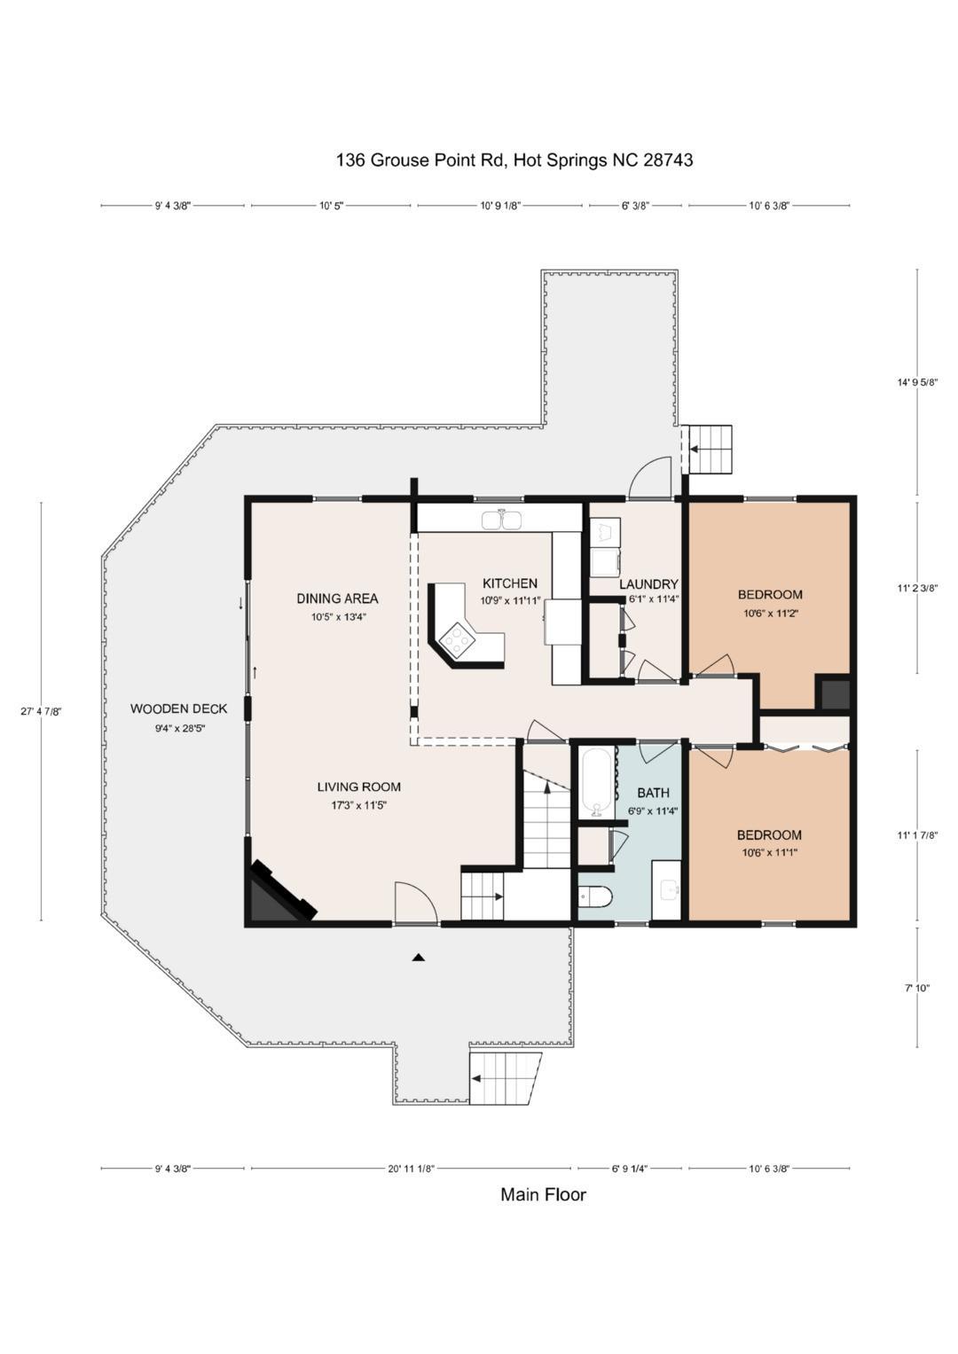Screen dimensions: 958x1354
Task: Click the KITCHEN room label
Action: [x=509, y=583]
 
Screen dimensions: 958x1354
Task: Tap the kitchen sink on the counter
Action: [x=501, y=520]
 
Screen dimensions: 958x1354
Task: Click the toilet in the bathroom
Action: [x=595, y=896]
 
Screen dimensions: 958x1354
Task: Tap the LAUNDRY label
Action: [x=648, y=584]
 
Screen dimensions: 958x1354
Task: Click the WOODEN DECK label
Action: [x=178, y=708]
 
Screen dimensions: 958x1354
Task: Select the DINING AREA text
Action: [x=337, y=599]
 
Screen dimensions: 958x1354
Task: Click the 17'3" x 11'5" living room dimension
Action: [x=358, y=805]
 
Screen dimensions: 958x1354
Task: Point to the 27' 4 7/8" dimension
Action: [x=41, y=711]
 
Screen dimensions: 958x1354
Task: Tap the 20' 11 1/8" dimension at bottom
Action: [x=412, y=1168]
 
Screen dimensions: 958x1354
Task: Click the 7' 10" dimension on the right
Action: [x=917, y=988]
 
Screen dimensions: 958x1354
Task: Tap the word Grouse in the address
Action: [x=398, y=160]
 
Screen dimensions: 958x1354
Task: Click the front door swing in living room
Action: [x=415, y=903]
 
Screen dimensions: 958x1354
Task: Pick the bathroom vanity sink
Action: [x=666, y=890]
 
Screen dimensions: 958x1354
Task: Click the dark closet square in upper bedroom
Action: [x=834, y=693]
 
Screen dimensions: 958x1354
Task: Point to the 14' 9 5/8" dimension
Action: [x=917, y=382]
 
